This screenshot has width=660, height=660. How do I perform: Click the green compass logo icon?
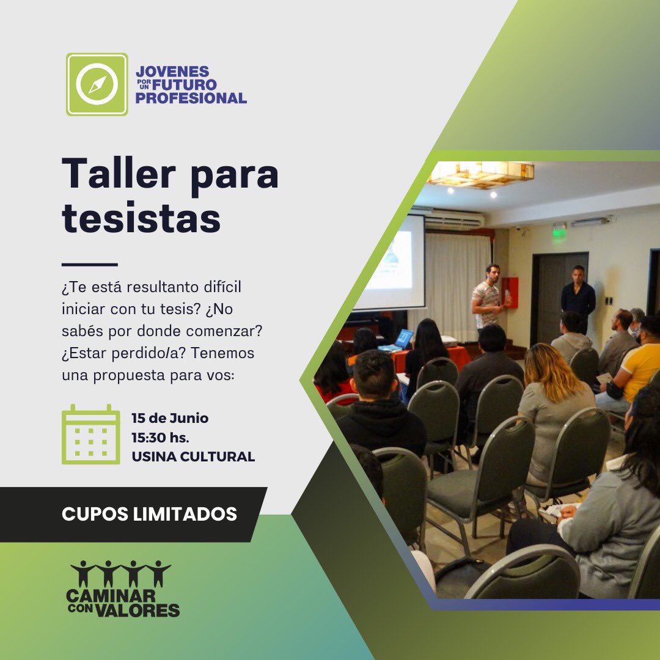coord(97,84)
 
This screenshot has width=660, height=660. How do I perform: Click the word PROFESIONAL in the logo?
coord(191,98)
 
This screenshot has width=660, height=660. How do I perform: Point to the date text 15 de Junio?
coord(170,419)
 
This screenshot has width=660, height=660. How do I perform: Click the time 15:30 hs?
coord(161,438)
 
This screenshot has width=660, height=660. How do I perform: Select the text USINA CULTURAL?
coord(193,457)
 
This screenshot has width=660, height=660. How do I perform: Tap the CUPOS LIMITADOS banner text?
coord(149,514)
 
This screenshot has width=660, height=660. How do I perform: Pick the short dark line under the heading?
coord(89,265)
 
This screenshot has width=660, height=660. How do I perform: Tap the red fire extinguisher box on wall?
coord(509,292)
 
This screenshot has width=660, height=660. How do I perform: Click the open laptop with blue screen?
coord(403,338)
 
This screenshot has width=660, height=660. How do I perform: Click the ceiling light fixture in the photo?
coord(480,173)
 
